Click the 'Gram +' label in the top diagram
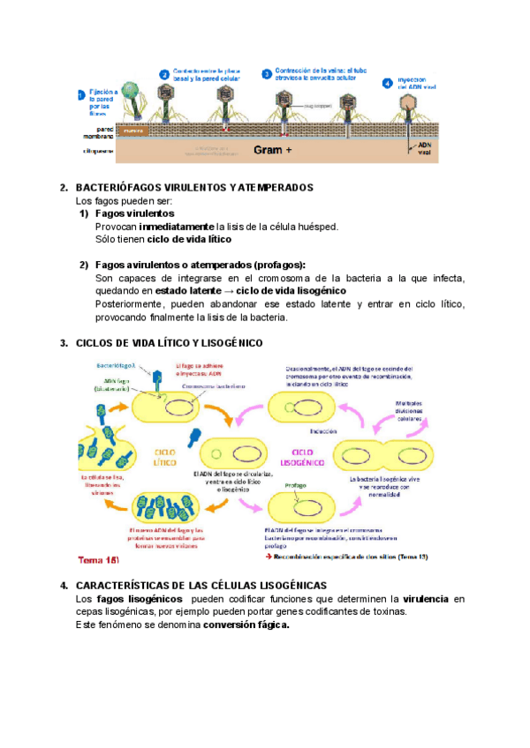pyautogui.click(x=273, y=150)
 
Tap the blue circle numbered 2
pyautogui.click(x=164, y=75)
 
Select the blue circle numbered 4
pyautogui.click(x=387, y=83)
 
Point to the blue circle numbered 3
pyautogui.click(x=267, y=75)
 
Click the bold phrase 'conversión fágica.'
pyautogui.click(x=246, y=625)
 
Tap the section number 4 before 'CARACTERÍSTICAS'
pyautogui.click(x=64, y=586)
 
